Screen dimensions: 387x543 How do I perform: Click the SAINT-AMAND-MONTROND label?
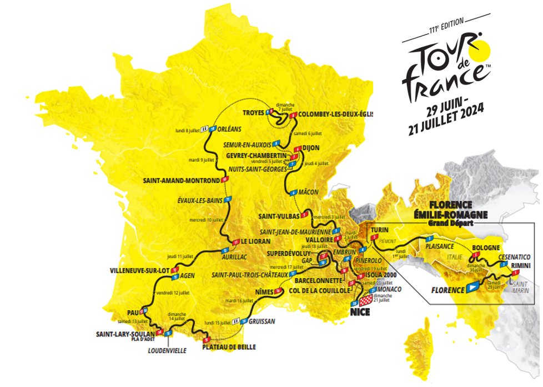pyautogui.click(x=180, y=180)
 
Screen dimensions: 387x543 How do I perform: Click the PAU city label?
pyautogui.click(x=132, y=311)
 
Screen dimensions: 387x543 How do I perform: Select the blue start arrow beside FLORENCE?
pyautogui.click(x=472, y=287)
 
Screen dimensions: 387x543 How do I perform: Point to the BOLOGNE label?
pyautogui.click(x=486, y=247)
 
